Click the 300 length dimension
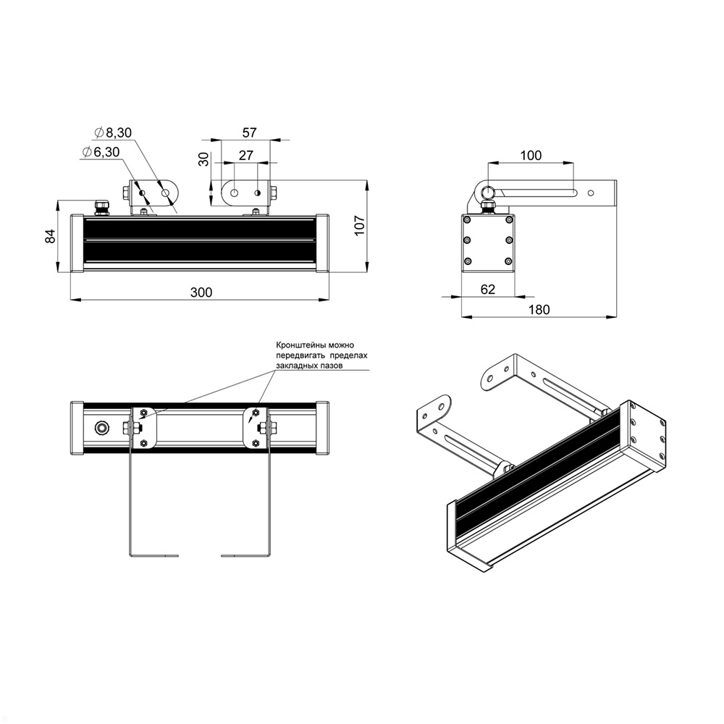pos(201,292)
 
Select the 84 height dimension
pos(50,236)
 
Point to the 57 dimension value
pos(249,132)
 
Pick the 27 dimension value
pos(245,155)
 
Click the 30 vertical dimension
pos(203,159)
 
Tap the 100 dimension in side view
pos(531,155)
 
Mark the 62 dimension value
pos(487,289)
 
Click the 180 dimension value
pos(539,309)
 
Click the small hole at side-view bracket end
pos(591,193)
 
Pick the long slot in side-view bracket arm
pos(536,193)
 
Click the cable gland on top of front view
pos(101,208)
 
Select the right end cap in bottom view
pos(323,427)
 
